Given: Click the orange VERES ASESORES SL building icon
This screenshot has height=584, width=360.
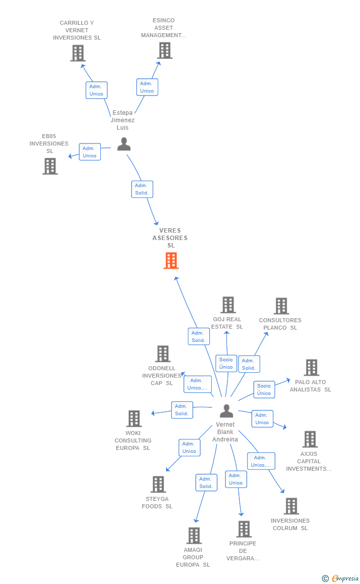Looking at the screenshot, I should (171, 261).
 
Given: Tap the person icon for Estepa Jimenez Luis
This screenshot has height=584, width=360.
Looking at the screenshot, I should (124, 144).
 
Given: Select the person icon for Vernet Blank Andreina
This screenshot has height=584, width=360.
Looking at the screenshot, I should (226, 411).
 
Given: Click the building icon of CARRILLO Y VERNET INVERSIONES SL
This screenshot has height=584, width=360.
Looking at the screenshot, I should (78, 53).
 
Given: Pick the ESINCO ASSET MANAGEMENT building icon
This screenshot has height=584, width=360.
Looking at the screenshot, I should (165, 50).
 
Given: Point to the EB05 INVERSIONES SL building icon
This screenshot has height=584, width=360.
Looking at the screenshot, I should (50, 166).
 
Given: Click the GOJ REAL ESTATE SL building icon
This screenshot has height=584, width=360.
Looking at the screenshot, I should (228, 305).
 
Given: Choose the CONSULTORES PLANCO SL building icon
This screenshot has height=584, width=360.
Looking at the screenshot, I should (281, 306).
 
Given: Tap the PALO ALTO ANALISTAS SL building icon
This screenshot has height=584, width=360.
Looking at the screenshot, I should (312, 368).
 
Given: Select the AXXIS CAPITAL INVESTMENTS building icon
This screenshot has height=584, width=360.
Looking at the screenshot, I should (310, 439).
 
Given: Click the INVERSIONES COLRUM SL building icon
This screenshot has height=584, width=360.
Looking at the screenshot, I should (291, 506).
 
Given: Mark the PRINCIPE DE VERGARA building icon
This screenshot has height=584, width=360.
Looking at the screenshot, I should (244, 529).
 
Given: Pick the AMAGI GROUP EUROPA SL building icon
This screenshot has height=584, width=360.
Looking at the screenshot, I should (194, 535).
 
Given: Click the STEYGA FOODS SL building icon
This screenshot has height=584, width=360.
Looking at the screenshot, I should (158, 484).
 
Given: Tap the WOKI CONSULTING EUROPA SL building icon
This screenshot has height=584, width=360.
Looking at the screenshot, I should (134, 419).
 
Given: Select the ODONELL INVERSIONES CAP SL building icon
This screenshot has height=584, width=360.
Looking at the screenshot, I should (163, 354).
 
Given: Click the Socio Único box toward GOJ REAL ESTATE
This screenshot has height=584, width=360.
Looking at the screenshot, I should (226, 363).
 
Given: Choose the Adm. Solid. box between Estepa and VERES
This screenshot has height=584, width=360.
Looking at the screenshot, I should (142, 189).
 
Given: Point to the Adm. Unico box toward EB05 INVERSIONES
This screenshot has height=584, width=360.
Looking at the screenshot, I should (90, 152).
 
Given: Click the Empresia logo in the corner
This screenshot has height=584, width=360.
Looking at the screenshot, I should (341, 578).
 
